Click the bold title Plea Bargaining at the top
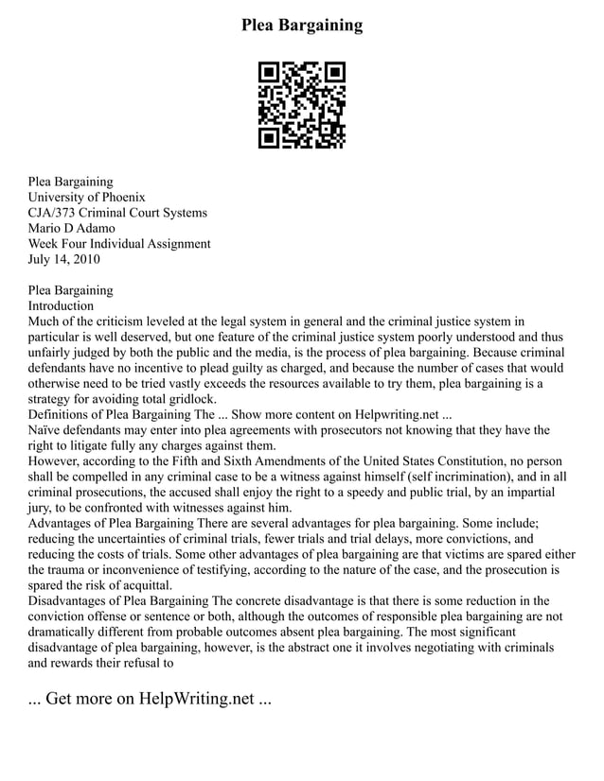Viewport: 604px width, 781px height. tap(302, 25)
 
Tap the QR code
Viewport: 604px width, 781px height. tap(302, 105)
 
